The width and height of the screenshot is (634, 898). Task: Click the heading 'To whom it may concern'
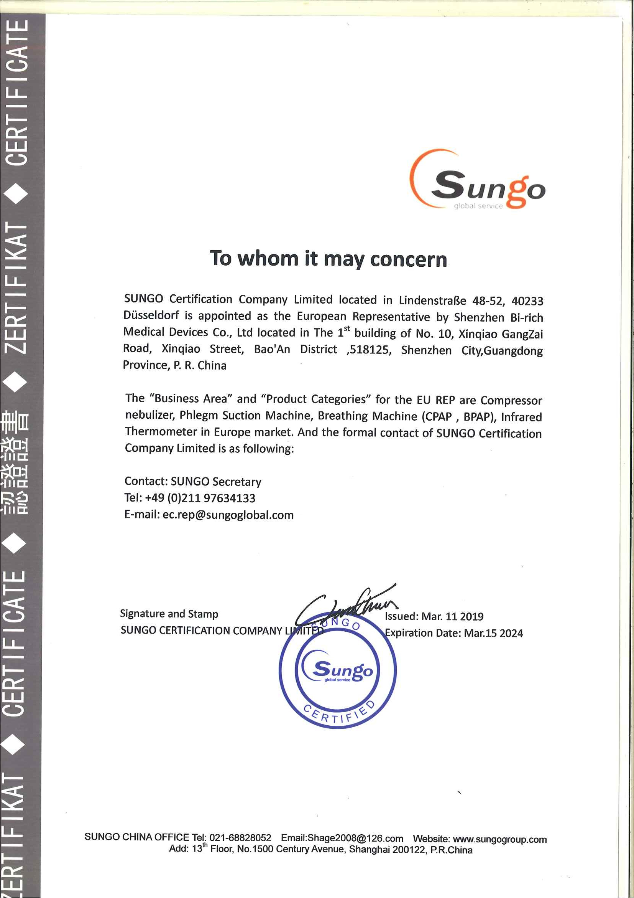click(328, 259)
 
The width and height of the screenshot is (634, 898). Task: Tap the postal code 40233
click(527, 301)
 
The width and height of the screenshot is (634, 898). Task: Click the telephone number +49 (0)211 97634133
click(200, 498)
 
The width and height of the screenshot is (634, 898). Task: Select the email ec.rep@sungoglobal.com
click(228, 515)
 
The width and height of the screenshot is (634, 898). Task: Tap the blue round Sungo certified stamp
click(338, 671)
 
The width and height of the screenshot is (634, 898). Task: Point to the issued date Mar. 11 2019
click(452, 616)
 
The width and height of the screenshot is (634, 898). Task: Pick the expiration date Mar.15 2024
click(493, 633)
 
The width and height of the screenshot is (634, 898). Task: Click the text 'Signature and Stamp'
click(169, 614)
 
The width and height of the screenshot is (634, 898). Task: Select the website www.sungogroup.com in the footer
click(499, 839)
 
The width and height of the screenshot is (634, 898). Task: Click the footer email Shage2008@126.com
click(355, 838)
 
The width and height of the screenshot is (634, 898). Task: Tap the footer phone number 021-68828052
click(240, 838)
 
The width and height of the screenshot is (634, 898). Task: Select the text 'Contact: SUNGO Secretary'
click(192, 481)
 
